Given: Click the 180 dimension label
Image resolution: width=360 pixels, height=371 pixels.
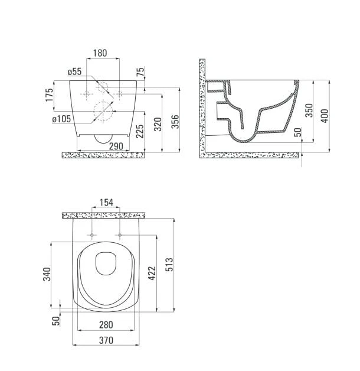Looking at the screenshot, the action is [x=100, y=53].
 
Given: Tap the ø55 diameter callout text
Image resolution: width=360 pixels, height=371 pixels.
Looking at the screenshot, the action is [x=74, y=71].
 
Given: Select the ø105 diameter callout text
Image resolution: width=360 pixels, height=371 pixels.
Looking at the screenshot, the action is [x=61, y=119].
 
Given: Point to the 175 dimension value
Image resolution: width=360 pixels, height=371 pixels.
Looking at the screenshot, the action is [x=50, y=95].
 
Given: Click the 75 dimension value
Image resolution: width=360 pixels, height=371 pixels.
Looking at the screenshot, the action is [x=140, y=72].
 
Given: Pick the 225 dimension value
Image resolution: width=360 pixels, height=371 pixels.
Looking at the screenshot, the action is [x=140, y=131].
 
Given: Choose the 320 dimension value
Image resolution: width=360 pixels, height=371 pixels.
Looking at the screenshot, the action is [x=158, y=124].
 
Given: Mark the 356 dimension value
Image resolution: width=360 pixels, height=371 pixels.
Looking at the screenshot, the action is [x=175, y=122].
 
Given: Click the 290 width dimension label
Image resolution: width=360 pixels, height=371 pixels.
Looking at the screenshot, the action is [x=116, y=147].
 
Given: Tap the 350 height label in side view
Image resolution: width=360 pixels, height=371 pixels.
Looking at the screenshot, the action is [x=309, y=110].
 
